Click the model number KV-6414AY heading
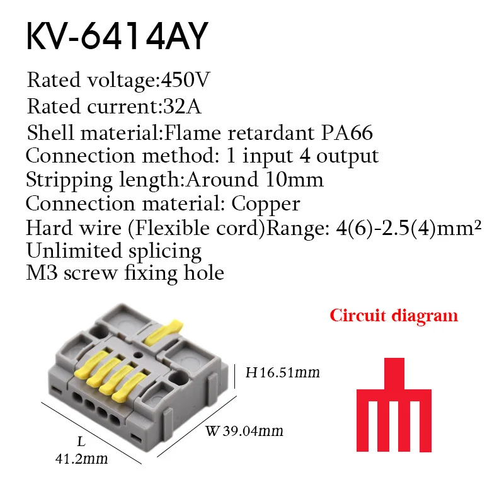[116, 38]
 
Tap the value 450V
[186, 81]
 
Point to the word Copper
[266, 203]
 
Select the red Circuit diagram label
[394, 315]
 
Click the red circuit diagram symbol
[394, 403]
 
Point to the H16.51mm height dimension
[282, 373]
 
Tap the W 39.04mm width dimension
[244, 432]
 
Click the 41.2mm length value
[80, 459]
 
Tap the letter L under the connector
[81, 442]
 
